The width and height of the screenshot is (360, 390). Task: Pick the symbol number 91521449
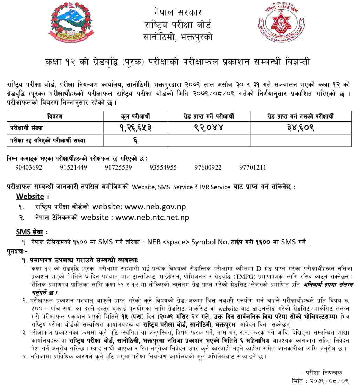coord(73,167)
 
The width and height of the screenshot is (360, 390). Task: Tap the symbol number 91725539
coord(118,167)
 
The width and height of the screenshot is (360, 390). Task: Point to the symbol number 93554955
coord(163,167)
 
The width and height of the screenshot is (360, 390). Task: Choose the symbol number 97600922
coord(208,167)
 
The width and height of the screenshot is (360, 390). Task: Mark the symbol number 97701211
coord(253,167)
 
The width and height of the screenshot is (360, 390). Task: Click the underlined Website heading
coord(30,196)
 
